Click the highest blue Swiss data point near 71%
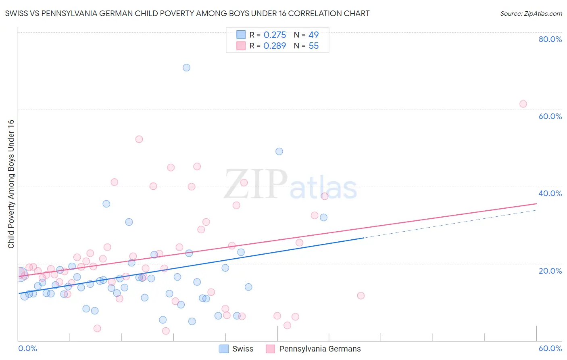click(x=186, y=67)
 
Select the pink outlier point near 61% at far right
click(x=523, y=104)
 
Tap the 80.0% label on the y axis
click(x=550, y=39)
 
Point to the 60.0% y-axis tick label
click(x=550, y=116)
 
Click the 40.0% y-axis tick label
click(x=550, y=193)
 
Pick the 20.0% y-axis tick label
click(x=550, y=271)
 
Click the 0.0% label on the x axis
click(x=27, y=348)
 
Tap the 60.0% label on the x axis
click(x=550, y=348)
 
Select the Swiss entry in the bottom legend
click(x=242, y=349)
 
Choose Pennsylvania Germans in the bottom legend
click(x=320, y=349)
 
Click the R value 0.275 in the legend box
click(x=275, y=35)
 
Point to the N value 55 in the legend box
click(x=314, y=46)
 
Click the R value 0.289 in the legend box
click(x=275, y=46)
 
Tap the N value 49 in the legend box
click(x=314, y=35)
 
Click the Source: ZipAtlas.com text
click(x=531, y=14)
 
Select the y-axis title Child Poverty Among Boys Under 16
click(x=11, y=184)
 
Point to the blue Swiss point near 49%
click(x=279, y=151)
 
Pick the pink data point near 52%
click(x=139, y=139)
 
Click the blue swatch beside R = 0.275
click(x=241, y=35)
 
